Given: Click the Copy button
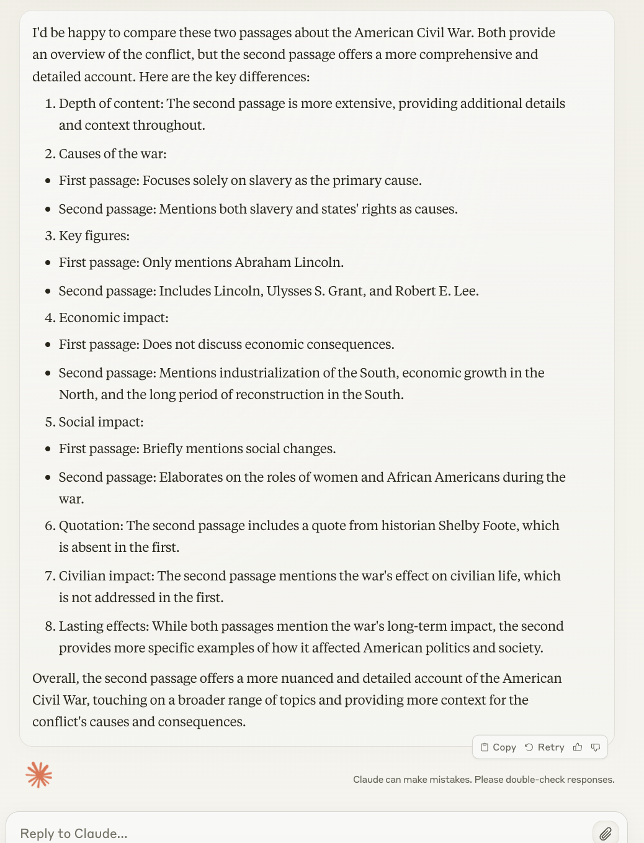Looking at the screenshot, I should coord(498,747).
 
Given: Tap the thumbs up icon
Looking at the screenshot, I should coord(578,747).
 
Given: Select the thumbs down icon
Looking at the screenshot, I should coord(596,747).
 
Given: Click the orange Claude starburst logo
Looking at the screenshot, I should coord(39,775).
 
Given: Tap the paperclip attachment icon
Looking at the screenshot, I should coord(605,833).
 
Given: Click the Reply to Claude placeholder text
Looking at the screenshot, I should coord(74,833).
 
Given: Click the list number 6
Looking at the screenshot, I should coord(50,526).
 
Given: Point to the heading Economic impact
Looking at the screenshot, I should coord(113,318).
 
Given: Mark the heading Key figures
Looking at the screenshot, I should coord(94,236).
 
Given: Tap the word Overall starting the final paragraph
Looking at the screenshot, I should coord(55,678).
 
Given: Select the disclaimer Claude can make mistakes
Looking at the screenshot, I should coord(483,780).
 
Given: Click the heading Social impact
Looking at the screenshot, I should coord(101,422).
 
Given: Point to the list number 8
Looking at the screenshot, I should coord(50,626).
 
